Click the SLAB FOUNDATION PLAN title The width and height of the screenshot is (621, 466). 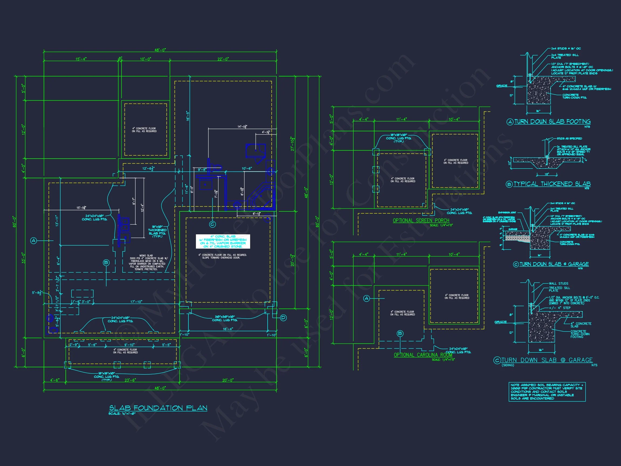click(x=158, y=408)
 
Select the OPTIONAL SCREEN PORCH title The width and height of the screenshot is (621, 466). click(x=421, y=221)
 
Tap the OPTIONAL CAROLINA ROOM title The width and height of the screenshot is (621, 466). click(x=423, y=355)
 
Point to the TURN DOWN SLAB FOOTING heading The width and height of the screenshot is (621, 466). click(x=552, y=122)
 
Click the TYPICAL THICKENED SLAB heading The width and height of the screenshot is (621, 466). click(x=552, y=184)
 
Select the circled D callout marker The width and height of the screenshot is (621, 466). click(x=283, y=318)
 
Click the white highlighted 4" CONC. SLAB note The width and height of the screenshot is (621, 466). click(x=223, y=242)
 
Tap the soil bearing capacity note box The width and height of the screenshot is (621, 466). click(x=547, y=392)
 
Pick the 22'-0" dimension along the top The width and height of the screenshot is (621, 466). click(x=223, y=59)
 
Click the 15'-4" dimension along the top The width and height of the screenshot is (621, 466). click(x=81, y=59)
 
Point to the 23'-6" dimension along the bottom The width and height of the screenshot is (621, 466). click(x=130, y=380)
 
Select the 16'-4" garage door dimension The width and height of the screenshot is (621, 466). click(x=228, y=329)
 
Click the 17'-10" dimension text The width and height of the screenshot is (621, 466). click(x=136, y=302)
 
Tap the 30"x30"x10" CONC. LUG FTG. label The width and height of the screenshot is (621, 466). click(x=225, y=318)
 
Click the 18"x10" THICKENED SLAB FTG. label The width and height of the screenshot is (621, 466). click(x=157, y=232)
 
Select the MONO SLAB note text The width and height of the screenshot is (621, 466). click(x=146, y=262)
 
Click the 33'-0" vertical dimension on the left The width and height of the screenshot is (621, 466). click(x=23, y=258)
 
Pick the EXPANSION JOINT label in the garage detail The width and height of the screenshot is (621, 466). click(x=507, y=213)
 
